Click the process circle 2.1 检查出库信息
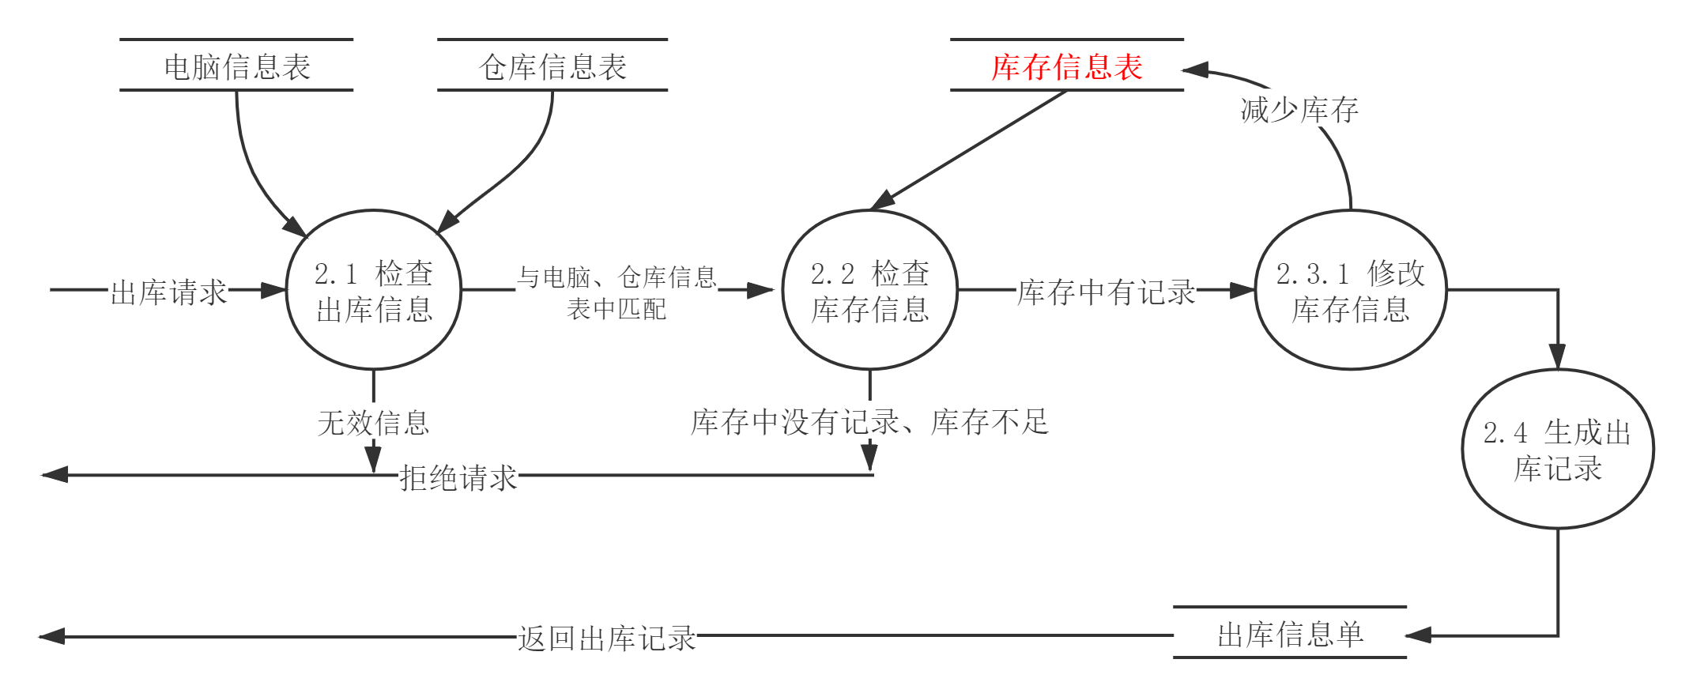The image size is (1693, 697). [x=373, y=290]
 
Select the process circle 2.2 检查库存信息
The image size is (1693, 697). [x=869, y=290]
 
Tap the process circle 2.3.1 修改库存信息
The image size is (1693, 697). [x=1351, y=290]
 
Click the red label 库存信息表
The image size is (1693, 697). [x=1067, y=66]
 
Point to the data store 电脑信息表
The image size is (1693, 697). [x=237, y=66]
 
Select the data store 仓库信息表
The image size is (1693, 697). [x=552, y=66]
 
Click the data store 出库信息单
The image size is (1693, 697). [x=1290, y=634]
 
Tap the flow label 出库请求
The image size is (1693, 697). [x=168, y=291]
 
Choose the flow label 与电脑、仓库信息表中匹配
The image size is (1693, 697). [x=616, y=291]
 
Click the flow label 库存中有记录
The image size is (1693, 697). [x=1106, y=291]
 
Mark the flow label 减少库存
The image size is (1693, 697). [x=1299, y=109]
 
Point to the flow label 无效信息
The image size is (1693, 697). [x=373, y=421]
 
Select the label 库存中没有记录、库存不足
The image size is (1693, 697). [x=869, y=420]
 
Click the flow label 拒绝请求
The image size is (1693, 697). [x=458, y=477]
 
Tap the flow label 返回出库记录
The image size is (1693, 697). [x=606, y=637]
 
